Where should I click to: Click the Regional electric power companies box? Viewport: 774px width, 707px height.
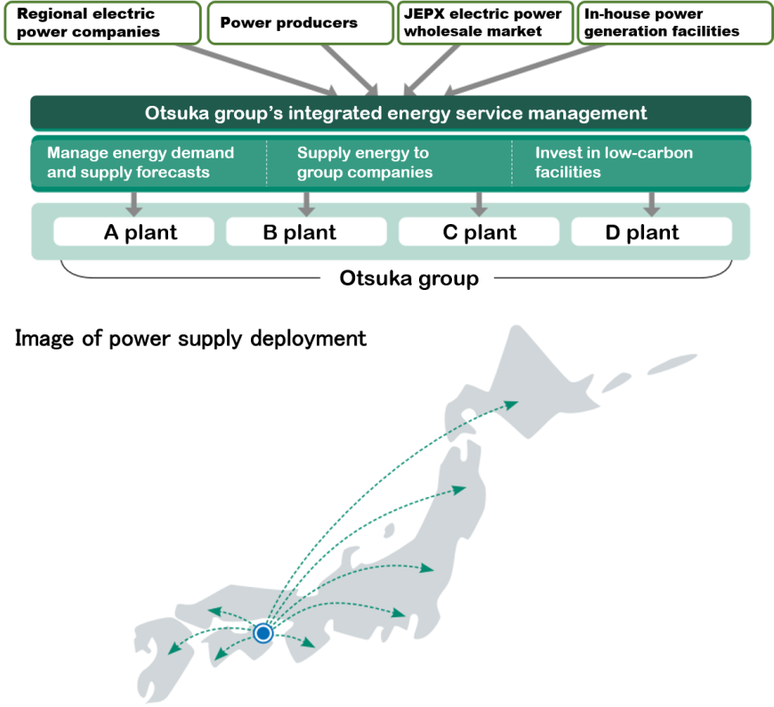pyautogui.click(x=101, y=23)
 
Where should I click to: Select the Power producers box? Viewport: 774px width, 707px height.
pyautogui.click(x=300, y=23)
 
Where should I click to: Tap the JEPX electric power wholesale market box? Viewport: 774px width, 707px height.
pyautogui.click(x=484, y=23)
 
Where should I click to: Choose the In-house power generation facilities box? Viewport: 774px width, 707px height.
pyautogui.click(x=674, y=23)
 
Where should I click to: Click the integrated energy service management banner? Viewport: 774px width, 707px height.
pyautogui.click(x=391, y=114)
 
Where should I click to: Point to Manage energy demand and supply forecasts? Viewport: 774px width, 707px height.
pyautogui.click(x=141, y=163)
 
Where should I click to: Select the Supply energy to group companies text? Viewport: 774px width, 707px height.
pyautogui.click(x=365, y=163)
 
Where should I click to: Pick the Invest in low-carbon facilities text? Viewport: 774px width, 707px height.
pyautogui.click(x=614, y=163)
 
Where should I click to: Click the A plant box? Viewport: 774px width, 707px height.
pyautogui.click(x=133, y=233)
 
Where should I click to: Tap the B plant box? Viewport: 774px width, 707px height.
pyautogui.click(x=306, y=233)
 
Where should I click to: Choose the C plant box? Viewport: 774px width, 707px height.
pyautogui.click(x=479, y=233)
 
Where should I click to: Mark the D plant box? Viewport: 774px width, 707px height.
pyautogui.click(x=651, y=233)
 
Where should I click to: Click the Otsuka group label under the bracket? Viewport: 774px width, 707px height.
pyautogui.click(x=408, y=278)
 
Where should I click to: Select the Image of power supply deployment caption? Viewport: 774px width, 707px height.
pyautogui.click(x=190, y=339)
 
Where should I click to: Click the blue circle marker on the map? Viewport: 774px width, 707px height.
pyautogui.click(x=262, y=633)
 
